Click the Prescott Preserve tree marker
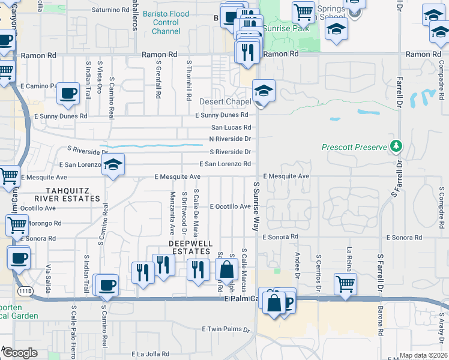coord(396,146)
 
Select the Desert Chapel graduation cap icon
coord(264,91)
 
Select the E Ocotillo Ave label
coord(230,206)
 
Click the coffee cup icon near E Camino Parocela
coord(68,94)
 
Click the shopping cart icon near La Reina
coord(346,284)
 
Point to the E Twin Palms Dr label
coord(225,329)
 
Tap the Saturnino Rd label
coord(111,10)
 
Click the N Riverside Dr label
coord(229,139)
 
